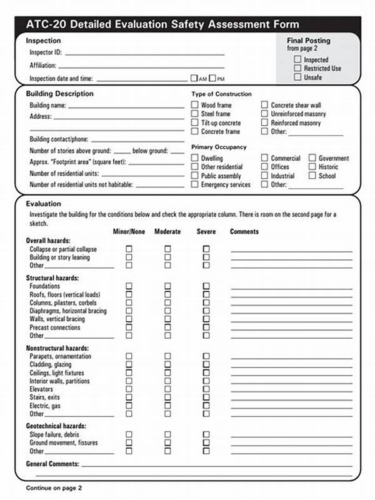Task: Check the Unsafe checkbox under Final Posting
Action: point(297,77)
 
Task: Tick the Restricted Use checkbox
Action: point(297,68)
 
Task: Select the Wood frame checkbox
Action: point(195,106)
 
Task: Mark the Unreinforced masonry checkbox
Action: point(265,114)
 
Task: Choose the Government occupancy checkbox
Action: point(312,158)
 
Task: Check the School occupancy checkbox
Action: point(312,176)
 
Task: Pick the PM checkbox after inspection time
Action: point(212,79)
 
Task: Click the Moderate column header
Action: point(167,232)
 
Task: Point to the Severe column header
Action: point(206,232)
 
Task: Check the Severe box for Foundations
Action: point(206,286)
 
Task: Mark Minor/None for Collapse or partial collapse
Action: point(129,249)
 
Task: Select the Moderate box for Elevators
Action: point(167,389)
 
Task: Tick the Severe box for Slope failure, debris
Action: point(206,434)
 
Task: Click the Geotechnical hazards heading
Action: point(56,426)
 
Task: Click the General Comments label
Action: point(52,464)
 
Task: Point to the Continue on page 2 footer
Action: point(54,487)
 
